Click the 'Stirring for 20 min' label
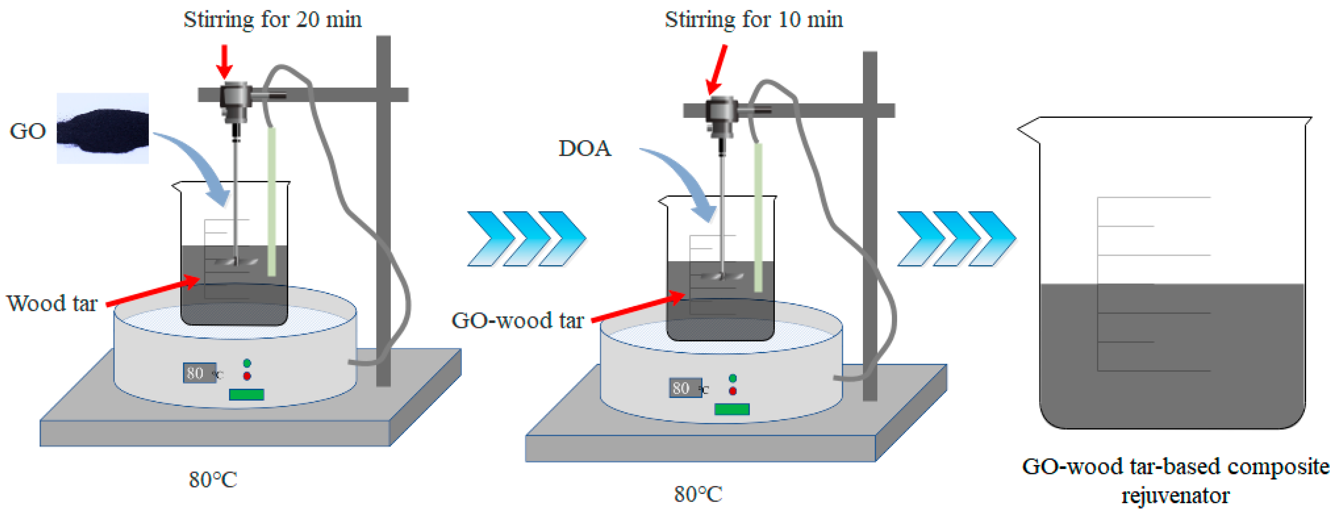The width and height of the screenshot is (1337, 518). [272, 20]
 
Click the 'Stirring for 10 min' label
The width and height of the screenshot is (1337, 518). [754, 20]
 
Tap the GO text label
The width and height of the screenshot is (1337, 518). [27, 131]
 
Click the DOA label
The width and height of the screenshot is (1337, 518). [584, 149]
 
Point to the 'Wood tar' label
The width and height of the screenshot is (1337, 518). [52, 303]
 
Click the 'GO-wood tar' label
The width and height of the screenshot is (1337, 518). [517, 321]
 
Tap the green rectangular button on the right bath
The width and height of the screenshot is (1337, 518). [732, 409]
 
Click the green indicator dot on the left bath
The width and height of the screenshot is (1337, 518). [247, 363]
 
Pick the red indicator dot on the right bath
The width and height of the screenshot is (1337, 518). [732, 391]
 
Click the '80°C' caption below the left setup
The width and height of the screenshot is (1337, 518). [213, 480]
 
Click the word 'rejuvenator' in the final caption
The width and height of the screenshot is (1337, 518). [1175, 496]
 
